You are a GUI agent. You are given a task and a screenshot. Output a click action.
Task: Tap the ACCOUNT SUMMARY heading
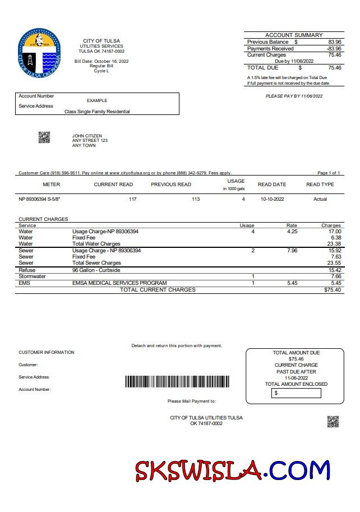point(293,35)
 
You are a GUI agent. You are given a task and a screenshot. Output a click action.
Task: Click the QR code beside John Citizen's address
point(44,137)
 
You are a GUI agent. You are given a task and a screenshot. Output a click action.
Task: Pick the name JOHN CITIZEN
point(84,136)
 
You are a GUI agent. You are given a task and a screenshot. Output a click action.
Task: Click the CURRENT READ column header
point(113,184)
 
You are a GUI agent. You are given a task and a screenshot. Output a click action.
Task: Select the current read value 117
point(133,199)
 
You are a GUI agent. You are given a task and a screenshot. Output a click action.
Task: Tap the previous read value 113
point(196,199)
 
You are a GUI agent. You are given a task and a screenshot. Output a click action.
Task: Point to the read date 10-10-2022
point(273,199)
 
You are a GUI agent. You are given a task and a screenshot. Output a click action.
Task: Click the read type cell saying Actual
point(320,199)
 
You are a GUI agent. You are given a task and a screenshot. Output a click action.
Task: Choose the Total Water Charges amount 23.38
point(334,244)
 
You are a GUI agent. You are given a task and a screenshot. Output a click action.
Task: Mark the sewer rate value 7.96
point(292,251)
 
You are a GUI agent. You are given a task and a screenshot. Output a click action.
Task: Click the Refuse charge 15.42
point(334,270)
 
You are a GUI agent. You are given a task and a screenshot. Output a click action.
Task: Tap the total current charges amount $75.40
point(333,290)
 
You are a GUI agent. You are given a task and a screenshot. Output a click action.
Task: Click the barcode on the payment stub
point(177,382)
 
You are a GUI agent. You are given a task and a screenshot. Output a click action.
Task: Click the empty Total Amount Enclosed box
point(297,393)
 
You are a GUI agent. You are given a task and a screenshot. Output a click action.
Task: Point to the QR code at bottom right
point(333,422)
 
